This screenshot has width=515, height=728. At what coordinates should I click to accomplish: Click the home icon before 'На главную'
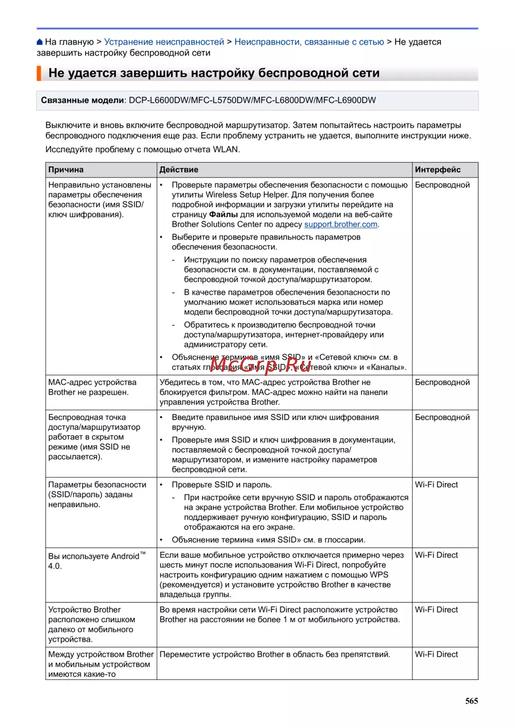point(40,42)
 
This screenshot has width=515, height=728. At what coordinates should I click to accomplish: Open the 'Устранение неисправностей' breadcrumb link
point(164,42)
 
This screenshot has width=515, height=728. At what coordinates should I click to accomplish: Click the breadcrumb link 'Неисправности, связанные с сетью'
point(309,42)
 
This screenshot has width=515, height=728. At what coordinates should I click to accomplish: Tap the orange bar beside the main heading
point(39,73)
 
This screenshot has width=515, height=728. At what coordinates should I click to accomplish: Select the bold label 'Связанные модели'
point(82,100)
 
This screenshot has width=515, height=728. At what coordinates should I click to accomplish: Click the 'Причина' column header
point(66,170)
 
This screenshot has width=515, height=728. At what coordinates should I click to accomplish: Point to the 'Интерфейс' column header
point(438,170)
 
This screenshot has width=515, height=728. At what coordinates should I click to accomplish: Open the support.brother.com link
point(341,224)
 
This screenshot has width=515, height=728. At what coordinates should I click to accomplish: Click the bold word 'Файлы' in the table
point(224,215)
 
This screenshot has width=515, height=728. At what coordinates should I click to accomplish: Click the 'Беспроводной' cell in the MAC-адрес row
point(442,383)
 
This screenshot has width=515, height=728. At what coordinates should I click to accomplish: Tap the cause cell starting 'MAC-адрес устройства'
point(92,387)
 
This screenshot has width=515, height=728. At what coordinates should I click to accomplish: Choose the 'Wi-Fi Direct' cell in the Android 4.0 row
point(436,555)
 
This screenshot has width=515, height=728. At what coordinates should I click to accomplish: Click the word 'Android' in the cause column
point(125,557)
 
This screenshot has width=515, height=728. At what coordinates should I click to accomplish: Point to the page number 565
point(471,701)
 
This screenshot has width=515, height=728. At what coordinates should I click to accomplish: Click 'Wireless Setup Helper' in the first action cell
point(247,195)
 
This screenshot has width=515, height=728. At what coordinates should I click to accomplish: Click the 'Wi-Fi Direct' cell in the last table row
point(436,654)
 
